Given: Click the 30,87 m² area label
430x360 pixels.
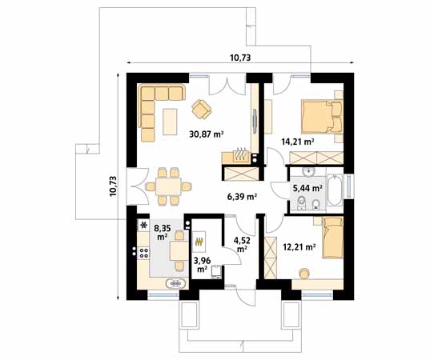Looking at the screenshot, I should click(206, 134).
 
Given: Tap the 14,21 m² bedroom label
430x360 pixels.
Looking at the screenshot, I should click(296, 142).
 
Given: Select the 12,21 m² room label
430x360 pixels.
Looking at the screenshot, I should click(298, 247).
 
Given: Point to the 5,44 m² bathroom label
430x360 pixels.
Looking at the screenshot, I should click(307, 189).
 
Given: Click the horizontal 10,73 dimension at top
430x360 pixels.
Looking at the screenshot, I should click(240, 57).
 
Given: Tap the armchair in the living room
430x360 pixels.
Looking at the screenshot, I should click(201, 106).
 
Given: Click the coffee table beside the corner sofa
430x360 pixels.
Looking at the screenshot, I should click(170, 121).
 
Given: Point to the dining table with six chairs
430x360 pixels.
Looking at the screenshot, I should click(169, 186).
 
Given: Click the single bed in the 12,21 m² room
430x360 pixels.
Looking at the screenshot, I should click(332, 238).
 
